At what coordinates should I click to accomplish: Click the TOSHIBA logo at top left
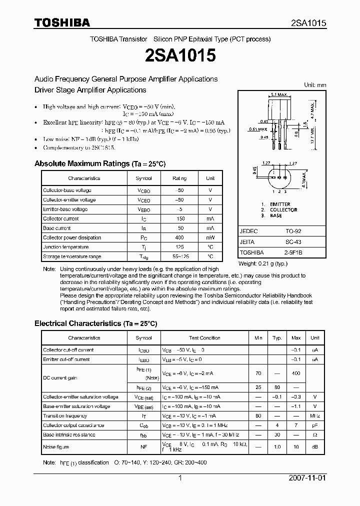tap(62, 22)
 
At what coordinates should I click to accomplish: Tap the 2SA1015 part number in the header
tap(308, 23)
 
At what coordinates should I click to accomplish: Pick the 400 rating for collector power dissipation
tap(179, 237)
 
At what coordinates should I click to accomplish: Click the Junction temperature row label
tap(65, 247)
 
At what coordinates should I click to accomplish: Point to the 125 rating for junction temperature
tap(179, 247)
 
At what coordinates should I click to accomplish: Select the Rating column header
tap(179, 178)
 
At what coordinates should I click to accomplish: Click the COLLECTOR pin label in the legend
tap(283, 210)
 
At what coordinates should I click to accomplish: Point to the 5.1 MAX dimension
tap(278, 94)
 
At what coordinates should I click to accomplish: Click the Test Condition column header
tap(204, 338)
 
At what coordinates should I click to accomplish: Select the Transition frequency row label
tap(65, 415)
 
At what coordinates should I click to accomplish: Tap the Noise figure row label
tap(56, 447)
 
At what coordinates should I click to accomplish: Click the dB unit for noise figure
tap(314, 447)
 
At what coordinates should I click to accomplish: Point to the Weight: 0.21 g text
tap(263, 263)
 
